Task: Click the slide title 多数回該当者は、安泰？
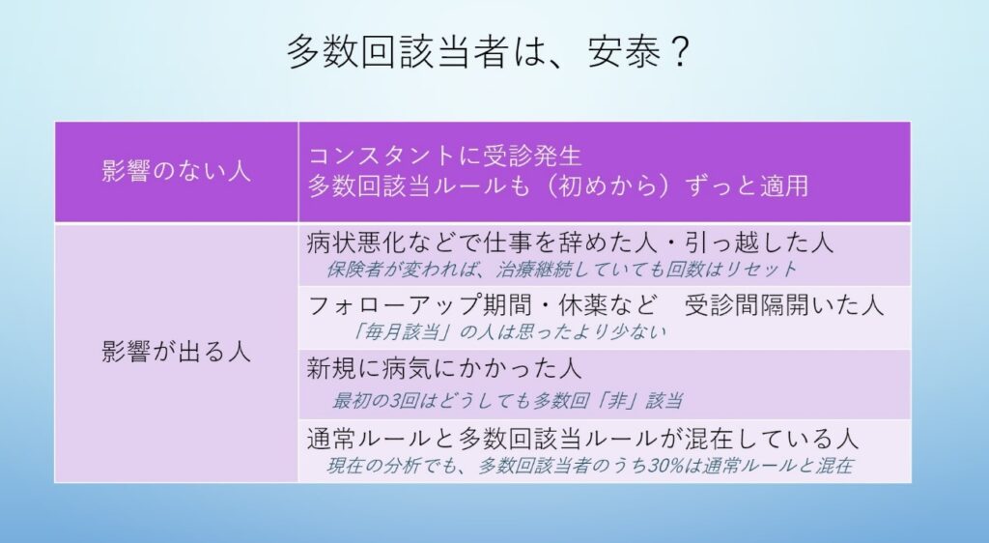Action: pos(488,52)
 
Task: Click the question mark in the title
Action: pos(677,52)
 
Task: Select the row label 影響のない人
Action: pos(176,171)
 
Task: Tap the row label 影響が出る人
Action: pos(176,352)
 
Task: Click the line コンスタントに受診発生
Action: pos(444,156)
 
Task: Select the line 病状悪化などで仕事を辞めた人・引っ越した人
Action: pos(570,243)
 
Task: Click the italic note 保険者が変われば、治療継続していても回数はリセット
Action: pos(561,270)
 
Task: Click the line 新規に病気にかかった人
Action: pos(444,369)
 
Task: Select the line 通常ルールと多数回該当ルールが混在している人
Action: pos(582,439)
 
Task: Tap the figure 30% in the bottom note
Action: pos(664,466)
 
